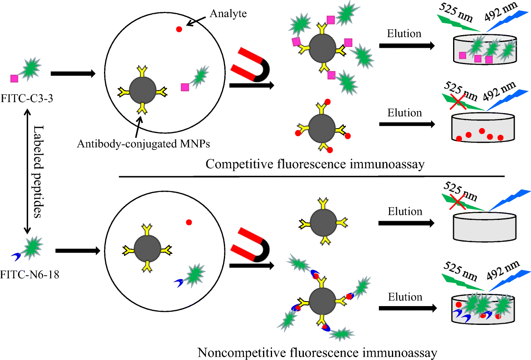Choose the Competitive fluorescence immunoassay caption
pyautogui.click(x=315, y=164)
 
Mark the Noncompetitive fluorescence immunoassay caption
pyautogui.click(x=311, y=352)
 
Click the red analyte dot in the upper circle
pyautogui.click(x=179, y=29)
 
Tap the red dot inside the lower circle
pyautogui.click(x=188, y=222)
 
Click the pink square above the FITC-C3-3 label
pyautogui.click(x=15, y=78)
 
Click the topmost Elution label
pyautogui.click(x=405, y=33)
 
